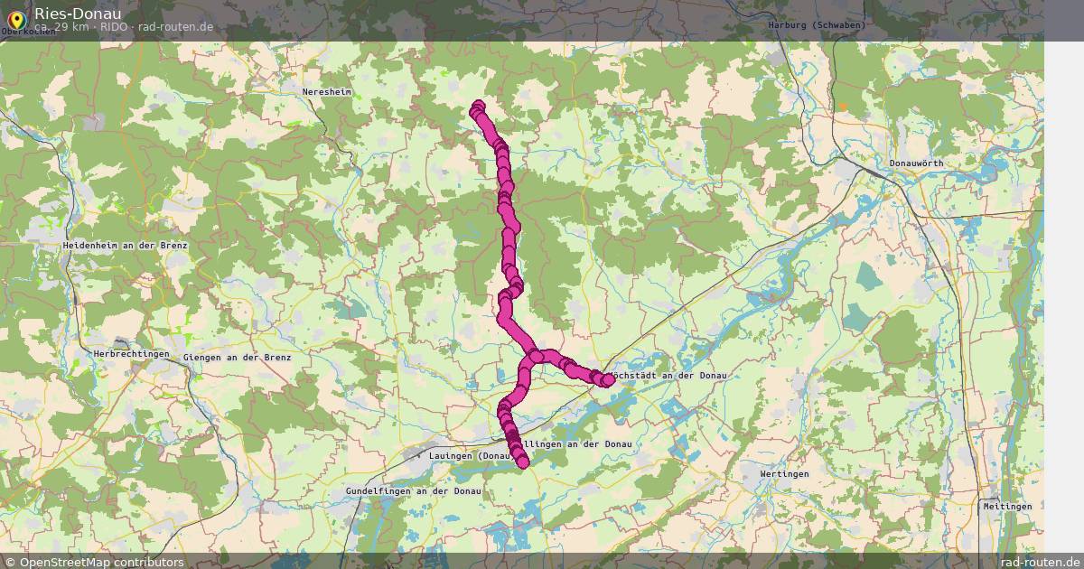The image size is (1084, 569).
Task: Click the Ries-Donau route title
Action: (x=78, y=13)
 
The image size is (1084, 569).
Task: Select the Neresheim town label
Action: (x=327, y=92)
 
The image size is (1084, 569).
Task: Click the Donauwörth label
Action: (x=916, y=163)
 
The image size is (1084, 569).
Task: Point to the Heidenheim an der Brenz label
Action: (x=125, y=246)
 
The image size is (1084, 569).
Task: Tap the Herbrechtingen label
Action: (x=131, y=354)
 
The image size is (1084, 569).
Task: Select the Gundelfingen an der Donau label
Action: (x=413, y=490)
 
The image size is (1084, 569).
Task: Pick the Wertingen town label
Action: (x=784, y=473)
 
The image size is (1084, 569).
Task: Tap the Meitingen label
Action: (x=1007, y=507)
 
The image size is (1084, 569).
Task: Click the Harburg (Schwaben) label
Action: (x=816, y=25)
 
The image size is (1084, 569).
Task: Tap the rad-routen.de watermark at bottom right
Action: (x=1039, y=562)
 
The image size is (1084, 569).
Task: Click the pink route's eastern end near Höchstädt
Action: (x=608, y=380)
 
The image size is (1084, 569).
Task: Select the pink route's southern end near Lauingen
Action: (x=522, y=462)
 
